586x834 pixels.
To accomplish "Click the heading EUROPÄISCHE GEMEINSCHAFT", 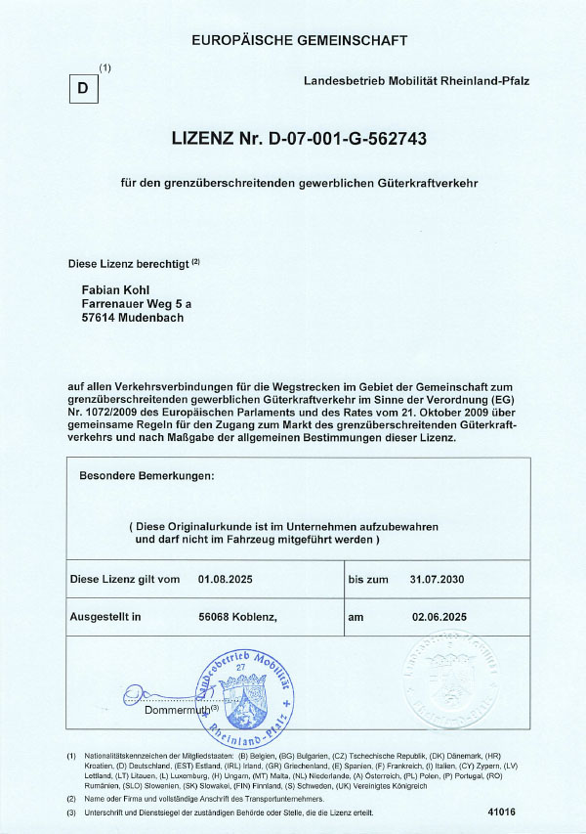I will pos(300,41).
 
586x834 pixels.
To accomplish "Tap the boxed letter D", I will pos(83,89).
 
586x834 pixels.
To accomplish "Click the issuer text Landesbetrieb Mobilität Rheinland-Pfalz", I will pos(417,80).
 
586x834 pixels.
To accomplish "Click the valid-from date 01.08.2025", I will pos(225,580).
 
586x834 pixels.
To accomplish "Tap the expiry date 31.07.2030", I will pos(436,580).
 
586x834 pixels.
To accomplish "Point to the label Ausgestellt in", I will pos(105,617).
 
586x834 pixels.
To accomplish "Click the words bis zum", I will pos(368,580).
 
